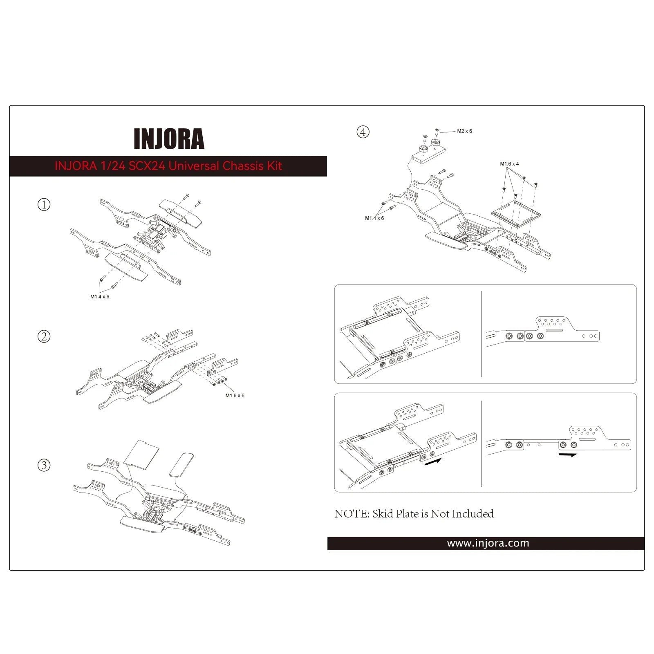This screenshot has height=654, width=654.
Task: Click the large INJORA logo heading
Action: [x=169, y=139]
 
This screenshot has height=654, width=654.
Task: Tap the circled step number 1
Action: [x=44, y=204]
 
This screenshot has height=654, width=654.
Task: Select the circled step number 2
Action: [x=44, y=336]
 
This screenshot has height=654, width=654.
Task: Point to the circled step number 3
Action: [x=44, y=465]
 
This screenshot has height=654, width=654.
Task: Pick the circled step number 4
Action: [x=363, y=132]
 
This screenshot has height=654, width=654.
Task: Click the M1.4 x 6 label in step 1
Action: [x=100, y=297]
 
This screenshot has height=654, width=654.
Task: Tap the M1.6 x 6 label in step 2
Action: [x=235, y=396]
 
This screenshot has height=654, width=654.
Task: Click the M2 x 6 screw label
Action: [x=464, y=131]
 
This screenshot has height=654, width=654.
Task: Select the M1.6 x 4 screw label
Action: [x=509, y=164]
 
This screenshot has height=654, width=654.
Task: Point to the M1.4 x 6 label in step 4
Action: [x=374, y=218]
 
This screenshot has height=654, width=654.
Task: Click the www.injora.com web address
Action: [x=488, y=543]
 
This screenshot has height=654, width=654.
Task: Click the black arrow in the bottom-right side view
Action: [x=568, y=455]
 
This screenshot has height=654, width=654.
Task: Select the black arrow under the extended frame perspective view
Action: [x=433, y=462]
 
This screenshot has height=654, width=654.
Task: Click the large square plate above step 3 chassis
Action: [x=141, y=453]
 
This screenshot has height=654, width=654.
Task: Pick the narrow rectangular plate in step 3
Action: [x=181, y=464]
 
